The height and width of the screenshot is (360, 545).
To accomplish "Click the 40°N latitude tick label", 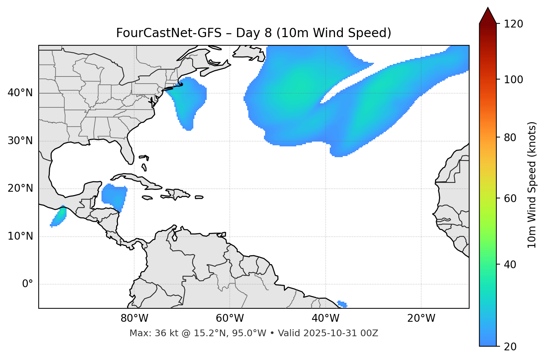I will pos(20,93).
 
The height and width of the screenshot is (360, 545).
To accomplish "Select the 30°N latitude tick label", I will pos(20,141).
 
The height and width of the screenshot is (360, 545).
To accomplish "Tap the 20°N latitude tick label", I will pos(20,189).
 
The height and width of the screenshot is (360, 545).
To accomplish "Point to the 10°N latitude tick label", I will pos(20,236).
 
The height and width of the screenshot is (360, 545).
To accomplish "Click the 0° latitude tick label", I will pos(28,284).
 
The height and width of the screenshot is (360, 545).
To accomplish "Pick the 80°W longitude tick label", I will pos(134,318).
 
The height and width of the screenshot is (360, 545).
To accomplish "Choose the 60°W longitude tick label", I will pos(230,318).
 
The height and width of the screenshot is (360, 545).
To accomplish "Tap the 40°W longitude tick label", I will pos(325,318).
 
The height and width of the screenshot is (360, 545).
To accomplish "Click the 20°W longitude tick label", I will pos(421,318).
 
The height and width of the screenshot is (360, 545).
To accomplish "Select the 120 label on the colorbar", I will pos(514,24).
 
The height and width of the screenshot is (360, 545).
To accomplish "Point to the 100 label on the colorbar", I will pos(514,80).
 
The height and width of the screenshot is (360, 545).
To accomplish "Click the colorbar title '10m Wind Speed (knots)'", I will pos(532,185).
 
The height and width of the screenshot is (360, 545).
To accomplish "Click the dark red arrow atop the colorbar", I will pos(488,16).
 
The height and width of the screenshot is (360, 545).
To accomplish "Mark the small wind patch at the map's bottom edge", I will pos(342,304).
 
